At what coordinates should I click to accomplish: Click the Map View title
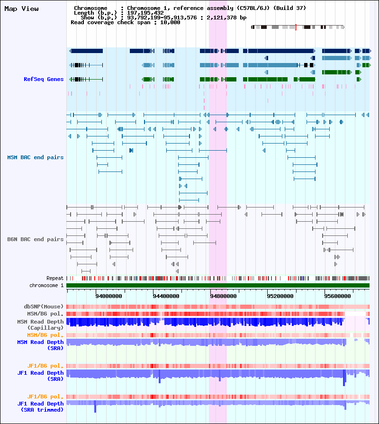(21, 9)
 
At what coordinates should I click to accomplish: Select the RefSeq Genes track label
(44, 79)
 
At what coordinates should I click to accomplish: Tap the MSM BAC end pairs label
(36, 157)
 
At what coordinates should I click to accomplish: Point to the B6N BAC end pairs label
(36, 239)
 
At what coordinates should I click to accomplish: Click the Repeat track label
(55, 278)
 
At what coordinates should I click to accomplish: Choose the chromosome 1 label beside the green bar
(46, 285)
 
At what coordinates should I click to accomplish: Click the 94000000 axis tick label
(109, 296)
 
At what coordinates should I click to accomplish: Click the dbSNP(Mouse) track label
(44, 307)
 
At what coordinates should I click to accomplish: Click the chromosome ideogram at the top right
(297, 27)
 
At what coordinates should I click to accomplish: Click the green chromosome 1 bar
(218, 285)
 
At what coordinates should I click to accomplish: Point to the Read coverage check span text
(125, 22)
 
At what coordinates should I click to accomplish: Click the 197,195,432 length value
(144, 13)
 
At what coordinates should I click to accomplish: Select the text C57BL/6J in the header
(259, 8)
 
